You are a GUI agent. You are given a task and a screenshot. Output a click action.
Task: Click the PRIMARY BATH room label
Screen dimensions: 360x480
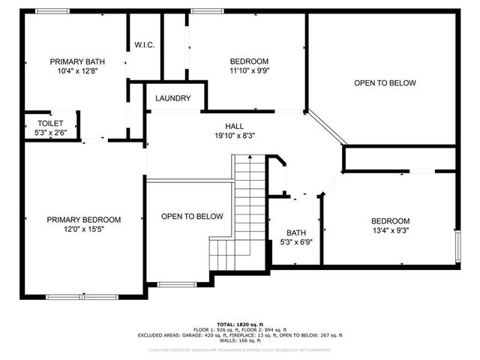coord(77,61)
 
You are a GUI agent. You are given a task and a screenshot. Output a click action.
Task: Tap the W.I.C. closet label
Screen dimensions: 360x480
coord(145,46)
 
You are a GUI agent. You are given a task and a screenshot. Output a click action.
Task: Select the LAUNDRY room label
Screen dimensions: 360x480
coord(172,99)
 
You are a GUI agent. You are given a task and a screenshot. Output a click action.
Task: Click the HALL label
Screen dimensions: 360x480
coord(235,126)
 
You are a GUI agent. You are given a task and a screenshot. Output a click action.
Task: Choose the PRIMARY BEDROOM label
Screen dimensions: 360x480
coord(83,220)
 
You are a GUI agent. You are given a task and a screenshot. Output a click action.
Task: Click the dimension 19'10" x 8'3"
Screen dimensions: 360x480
coord(235,136)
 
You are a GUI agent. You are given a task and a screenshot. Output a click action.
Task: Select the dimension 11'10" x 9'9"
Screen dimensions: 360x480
coord(248,72)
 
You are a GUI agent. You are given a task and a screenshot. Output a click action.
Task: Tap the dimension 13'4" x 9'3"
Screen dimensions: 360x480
coord(391,231)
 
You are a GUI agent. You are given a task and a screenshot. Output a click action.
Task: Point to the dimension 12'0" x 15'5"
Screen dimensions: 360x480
coord(83,230)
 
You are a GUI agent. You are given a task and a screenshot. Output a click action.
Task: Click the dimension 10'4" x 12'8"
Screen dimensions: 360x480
coord(77,72)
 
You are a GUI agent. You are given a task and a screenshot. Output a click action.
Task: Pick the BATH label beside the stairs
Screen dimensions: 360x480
coord(295,232)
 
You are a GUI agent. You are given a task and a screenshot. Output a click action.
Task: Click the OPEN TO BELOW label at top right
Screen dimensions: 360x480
coord(384,83)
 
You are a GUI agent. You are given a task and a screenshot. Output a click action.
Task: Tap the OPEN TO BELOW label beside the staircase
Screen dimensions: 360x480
coord(192,217)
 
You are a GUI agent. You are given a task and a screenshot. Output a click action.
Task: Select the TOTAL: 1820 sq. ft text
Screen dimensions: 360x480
coord(240,323)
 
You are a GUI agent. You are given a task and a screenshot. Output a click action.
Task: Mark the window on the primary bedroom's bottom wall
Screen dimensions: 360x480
coord(82,297)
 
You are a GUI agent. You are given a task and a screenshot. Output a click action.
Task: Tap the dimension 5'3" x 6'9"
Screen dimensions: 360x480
coord(295,243)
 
